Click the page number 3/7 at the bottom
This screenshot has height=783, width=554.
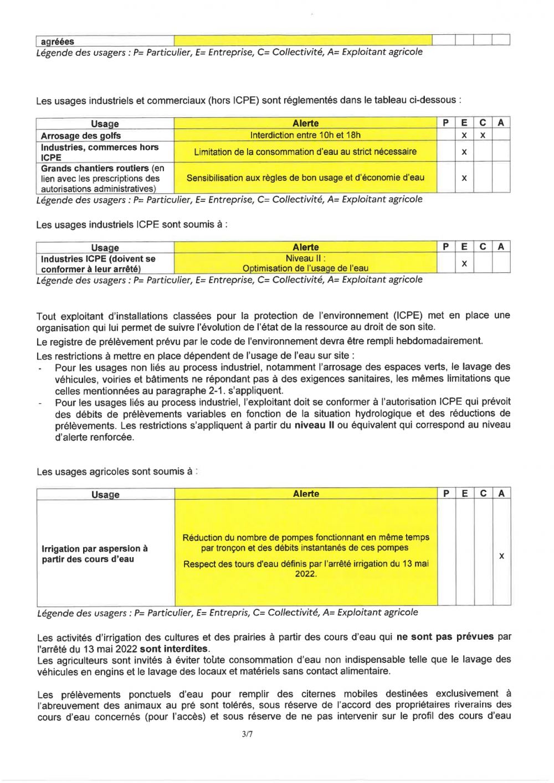coord(247,735)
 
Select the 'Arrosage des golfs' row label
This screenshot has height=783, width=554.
coord(80,136)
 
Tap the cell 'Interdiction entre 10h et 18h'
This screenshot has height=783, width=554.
coord(305,135)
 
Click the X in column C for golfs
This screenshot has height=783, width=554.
coord(483,136)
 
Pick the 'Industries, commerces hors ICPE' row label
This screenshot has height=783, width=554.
coord(100,152)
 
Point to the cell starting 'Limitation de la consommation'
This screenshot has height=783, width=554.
coord(305,152)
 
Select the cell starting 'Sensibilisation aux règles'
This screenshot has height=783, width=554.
coord(305,178)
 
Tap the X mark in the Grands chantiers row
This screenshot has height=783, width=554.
coord(464,178)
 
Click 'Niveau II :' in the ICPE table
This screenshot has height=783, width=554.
coord(305,258)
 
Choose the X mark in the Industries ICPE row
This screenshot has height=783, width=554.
coord(464,264)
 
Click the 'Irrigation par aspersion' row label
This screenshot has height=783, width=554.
coord(95,554)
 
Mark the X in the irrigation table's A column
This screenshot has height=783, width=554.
coord(501,556)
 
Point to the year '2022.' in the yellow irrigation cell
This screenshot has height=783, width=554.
coord(306,574)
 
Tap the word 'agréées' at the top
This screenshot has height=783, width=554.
coord(57,42)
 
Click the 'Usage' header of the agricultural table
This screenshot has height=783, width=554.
coord(105,495)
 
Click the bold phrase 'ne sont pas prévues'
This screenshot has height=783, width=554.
coord(445,637)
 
